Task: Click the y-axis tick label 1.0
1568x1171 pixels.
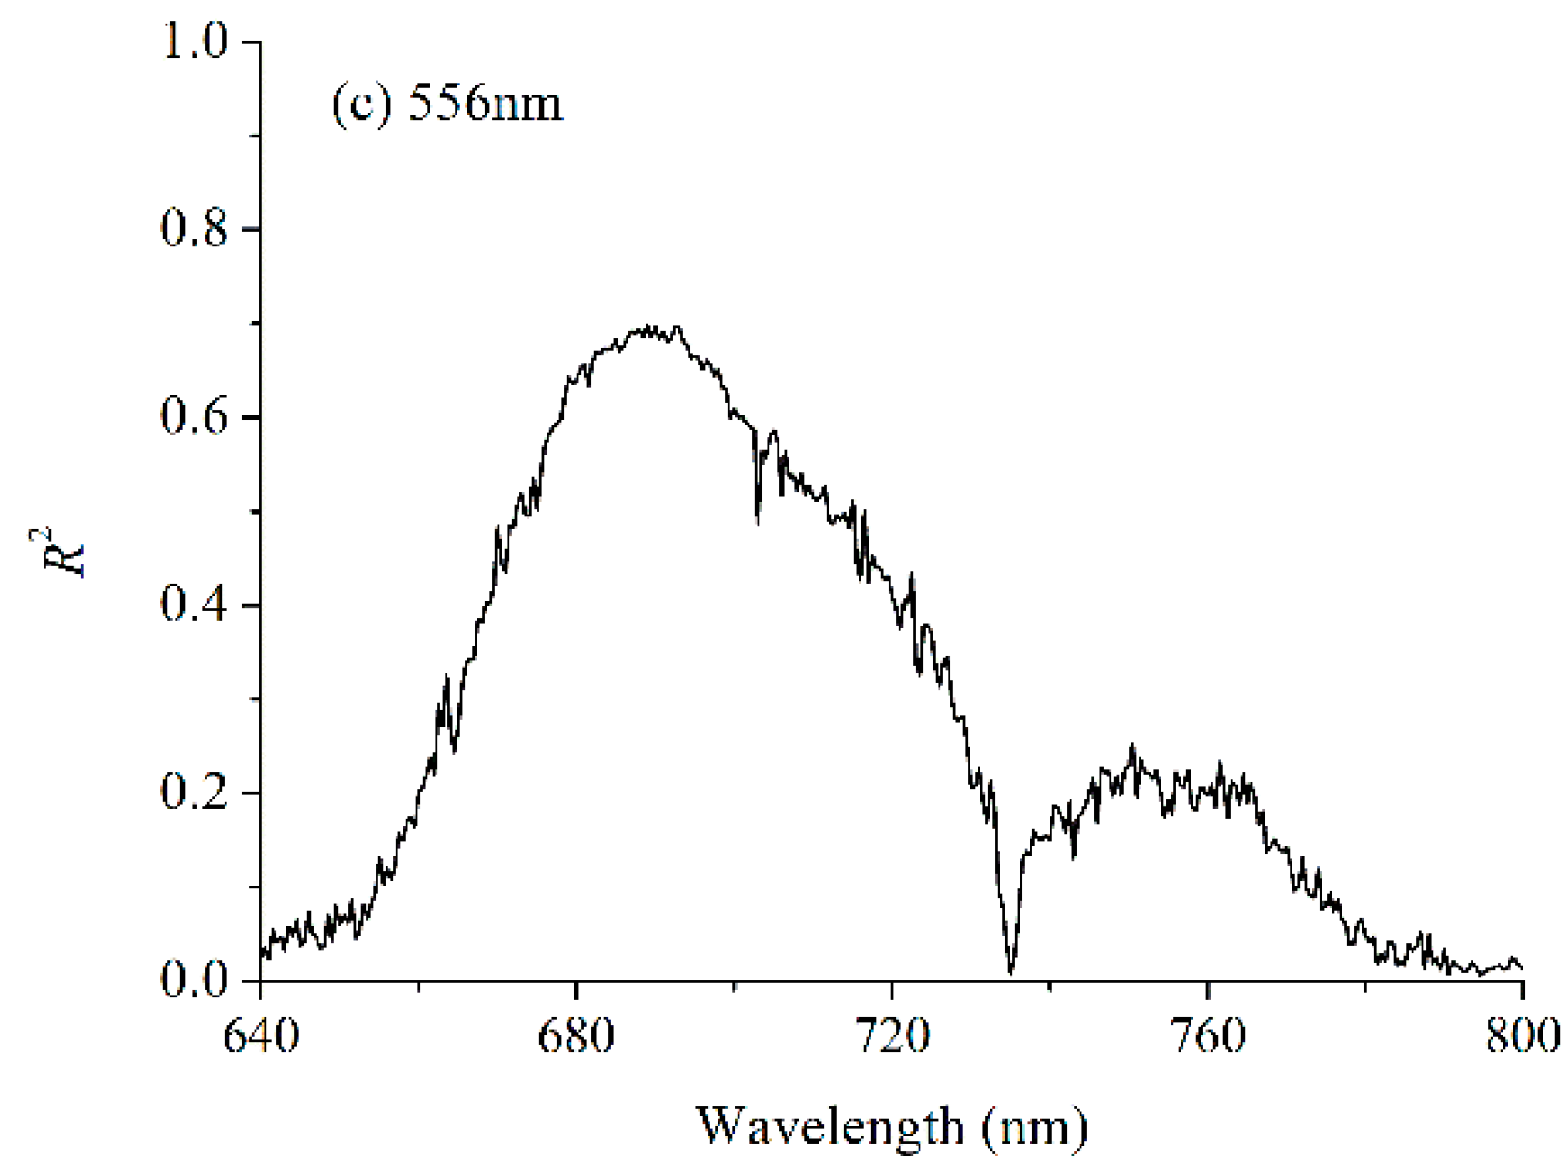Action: [194, 42]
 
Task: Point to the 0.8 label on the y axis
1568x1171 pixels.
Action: [194, 229]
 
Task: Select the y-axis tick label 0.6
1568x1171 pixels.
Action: [194, 417]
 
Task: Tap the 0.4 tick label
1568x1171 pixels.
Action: [194, 606]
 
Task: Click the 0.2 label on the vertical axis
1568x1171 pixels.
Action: [194, 793]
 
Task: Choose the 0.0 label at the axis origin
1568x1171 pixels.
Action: [194, 980]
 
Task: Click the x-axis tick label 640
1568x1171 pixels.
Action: [261, 1036]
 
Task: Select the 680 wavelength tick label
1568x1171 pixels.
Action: [577, 1036]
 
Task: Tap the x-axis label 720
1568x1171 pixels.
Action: [892, 1036]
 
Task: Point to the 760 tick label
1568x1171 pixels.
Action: [1208, 1036]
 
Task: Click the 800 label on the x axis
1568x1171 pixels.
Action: [1523, 1036]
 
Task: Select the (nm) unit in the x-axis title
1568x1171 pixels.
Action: [1034, 1127]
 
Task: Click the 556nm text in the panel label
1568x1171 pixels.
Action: [485, 103]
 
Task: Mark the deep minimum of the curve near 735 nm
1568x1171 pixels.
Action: [1011, 971]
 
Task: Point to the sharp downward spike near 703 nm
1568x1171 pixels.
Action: [758, 523]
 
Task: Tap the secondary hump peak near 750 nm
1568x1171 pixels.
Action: [1132, 747]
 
